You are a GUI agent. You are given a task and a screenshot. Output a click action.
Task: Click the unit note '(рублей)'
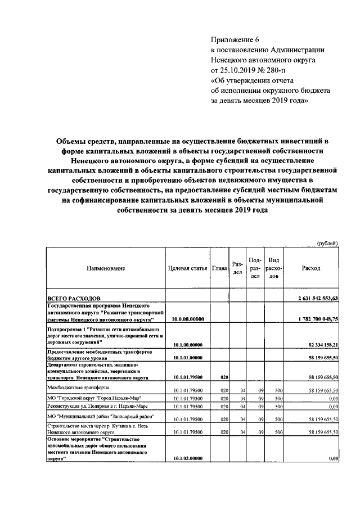click(327, 243)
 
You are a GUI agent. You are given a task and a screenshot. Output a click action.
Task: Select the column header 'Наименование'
click(106, 268)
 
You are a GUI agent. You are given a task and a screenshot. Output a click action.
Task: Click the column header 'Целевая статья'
click(188, 268)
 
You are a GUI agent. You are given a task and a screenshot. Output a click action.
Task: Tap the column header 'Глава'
click(219, 268)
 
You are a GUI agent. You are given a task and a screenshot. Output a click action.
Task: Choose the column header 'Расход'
click(311, 268)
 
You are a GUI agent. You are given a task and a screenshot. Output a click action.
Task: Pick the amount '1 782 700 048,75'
click(318, 319)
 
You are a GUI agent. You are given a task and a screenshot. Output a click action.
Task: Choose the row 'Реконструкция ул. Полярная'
click(93, 406)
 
